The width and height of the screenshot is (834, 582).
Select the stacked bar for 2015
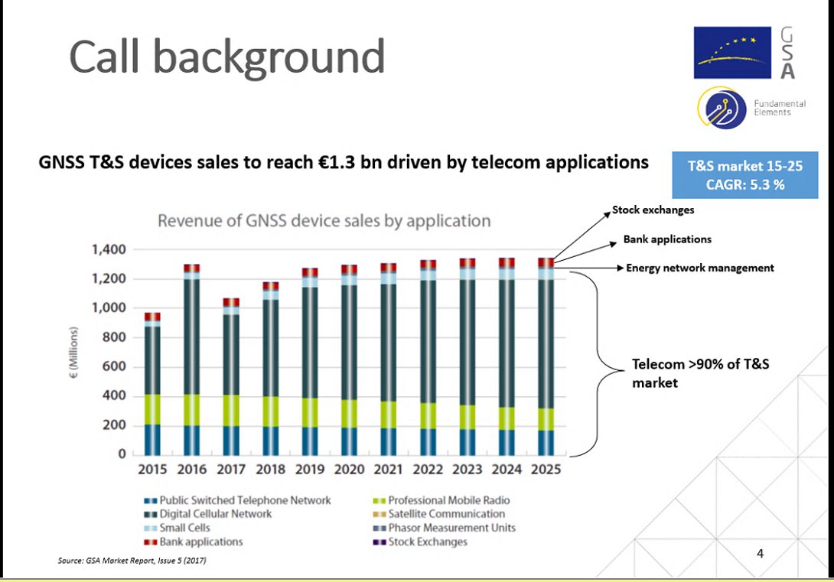pyautogui.click(x=152, y=382)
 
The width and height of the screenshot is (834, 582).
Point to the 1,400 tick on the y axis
pyautogui.click(x=106, y=250)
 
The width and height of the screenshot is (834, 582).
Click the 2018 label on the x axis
pyautogui.click(x=270, y=469)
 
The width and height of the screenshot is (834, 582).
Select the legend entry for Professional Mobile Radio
pyautogui.click(x=448, y=500)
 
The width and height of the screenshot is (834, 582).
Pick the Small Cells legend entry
pyautogui.click(x=184, y=528)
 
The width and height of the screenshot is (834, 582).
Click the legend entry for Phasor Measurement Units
pyautogui.click(x=451, y=528)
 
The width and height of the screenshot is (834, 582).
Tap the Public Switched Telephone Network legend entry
pyautogui.click(x=244, y=500)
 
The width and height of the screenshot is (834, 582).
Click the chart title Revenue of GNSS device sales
pyautogui.click(x=324, y=221)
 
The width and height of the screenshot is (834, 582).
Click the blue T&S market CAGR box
pyautogui.click(x=744, y=174)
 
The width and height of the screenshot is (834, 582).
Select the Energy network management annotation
pyautogui.click(x=699, y=268)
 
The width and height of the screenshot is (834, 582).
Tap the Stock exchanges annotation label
pyautogui.click(x=653, y=210)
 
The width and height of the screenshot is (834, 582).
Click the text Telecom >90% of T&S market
pyautogui.click(x=699, y=373)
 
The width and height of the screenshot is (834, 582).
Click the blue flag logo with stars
pyautogui.click(x=731, y=53)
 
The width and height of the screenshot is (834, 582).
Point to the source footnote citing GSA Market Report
pyautogui.click(x=132, y=561)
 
